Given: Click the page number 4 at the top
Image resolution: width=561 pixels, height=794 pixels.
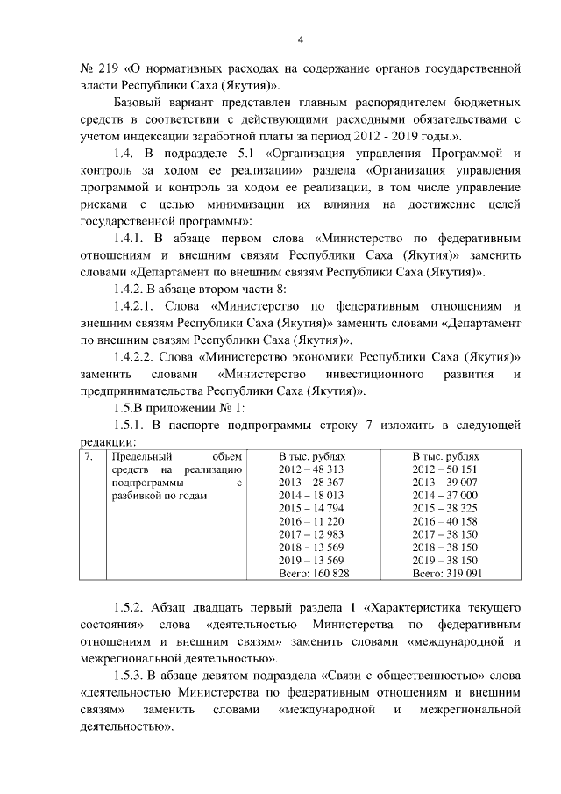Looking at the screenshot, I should (300, 39).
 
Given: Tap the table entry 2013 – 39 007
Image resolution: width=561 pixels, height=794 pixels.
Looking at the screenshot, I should (444, 483).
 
